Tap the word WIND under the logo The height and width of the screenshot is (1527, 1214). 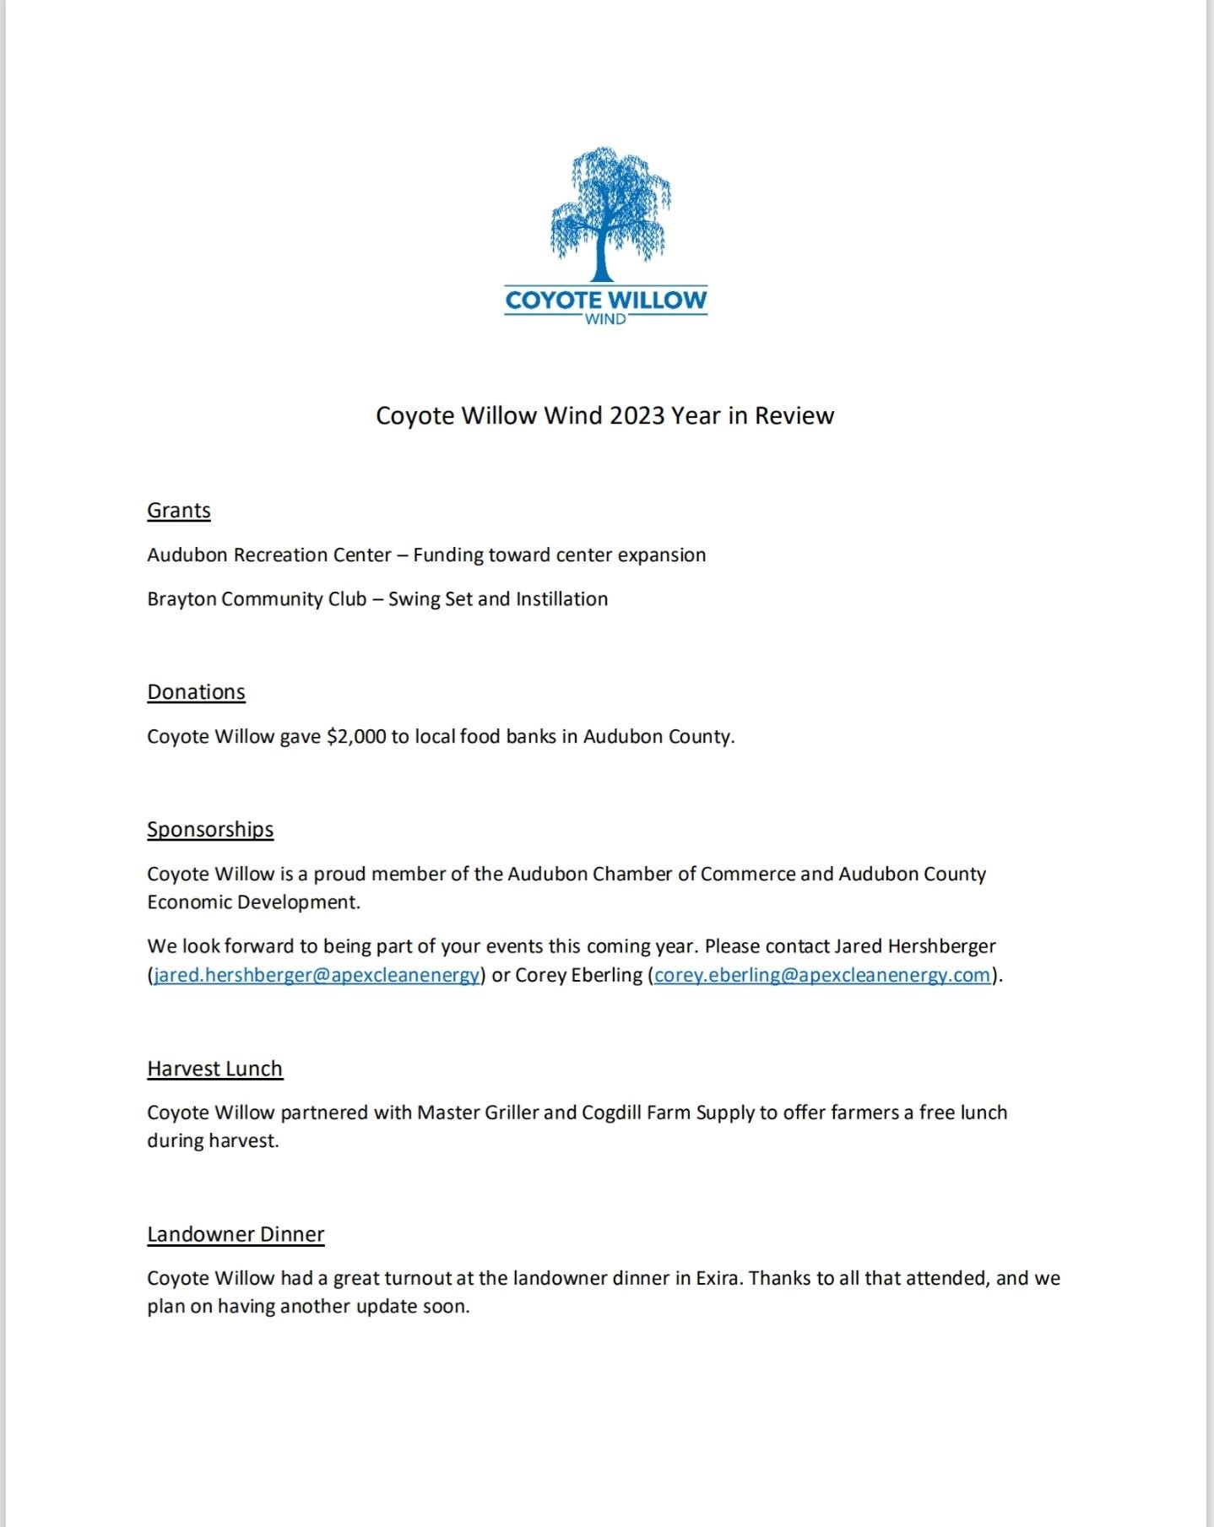(605, 319)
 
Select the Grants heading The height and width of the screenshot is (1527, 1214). (178, 511)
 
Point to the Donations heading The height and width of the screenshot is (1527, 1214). (196, 692)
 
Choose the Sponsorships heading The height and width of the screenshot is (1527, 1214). (210, 829)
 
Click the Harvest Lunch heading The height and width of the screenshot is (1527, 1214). (214, 1069)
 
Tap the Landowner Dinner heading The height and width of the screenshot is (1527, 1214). (236, 1234)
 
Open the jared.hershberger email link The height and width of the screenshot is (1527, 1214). (317, 975)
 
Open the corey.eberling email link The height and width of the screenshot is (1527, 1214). (821, 975)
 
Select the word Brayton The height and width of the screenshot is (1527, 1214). (181, 599)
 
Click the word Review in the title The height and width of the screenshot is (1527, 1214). (794, 415)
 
